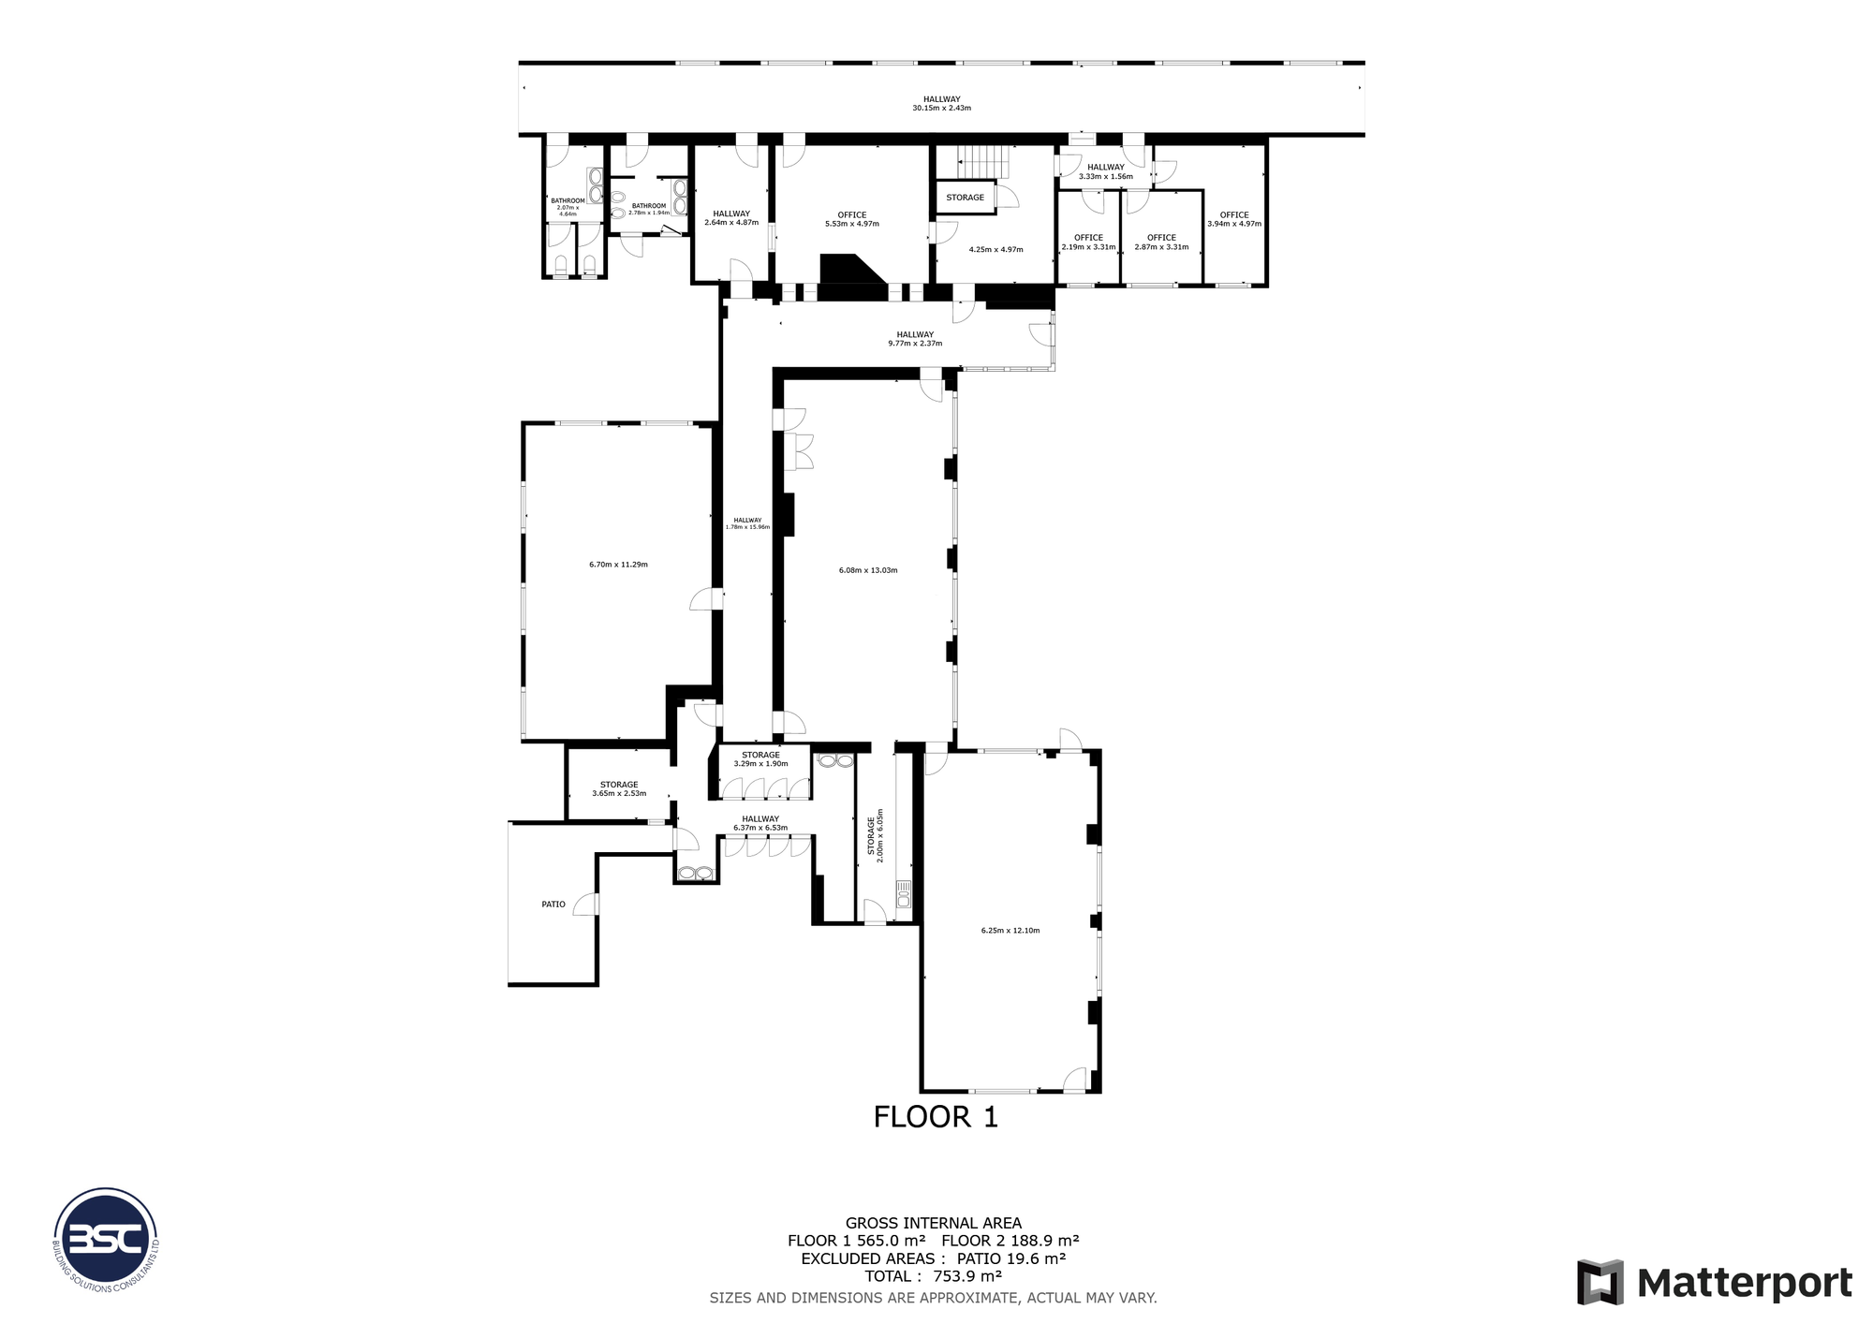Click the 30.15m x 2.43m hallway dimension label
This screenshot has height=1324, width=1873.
pyautogui.click(x=941, y=108)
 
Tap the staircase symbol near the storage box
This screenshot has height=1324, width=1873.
pyautogui.click(x=982, y=161)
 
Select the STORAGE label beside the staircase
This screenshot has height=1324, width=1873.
pyautogui.click(x=965, y=198)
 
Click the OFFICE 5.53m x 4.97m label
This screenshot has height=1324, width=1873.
pyautogui.click(x=851, y=219)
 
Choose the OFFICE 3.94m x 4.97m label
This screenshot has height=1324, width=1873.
pyautogui.click(x=1233, y=219)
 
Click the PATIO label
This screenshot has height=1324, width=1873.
pyautogui.click(x=553, y=905)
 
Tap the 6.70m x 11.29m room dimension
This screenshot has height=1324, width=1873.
pyautogui.click(x=618, y=565)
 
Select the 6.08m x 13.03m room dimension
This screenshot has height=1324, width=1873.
pyautogui.click(x=868, y=570)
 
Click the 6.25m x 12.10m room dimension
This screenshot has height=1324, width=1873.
pyautogui.click(x=1010, y=931)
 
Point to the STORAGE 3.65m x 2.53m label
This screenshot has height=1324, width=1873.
pyautogui.click(x=619, y=789)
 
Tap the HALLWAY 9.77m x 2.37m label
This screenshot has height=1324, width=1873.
pyautogui.click(x=915, y=339)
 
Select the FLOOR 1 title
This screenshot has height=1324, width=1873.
pyautogui.click(x=936, y=1117)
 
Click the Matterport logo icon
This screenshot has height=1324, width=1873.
pyautogui.click(x=1600, y=1283)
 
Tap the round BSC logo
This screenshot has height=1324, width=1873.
pyautogui.click(x=106, y=1240)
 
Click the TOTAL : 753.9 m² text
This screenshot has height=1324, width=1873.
pyautogui.click(x=933, y=1276)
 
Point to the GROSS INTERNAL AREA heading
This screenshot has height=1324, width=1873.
pyautogui.click(x=933, y=1223)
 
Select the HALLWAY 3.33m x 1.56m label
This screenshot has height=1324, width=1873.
pyautogui.click(x=1105, y=171)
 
